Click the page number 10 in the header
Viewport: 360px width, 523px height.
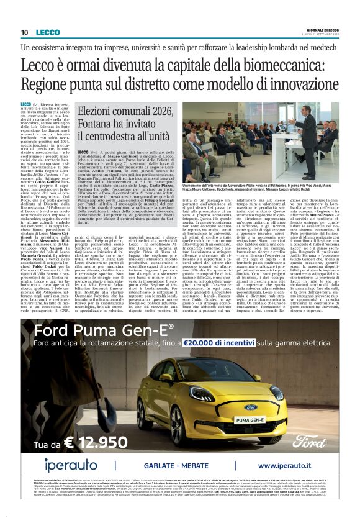coord(24,32)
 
